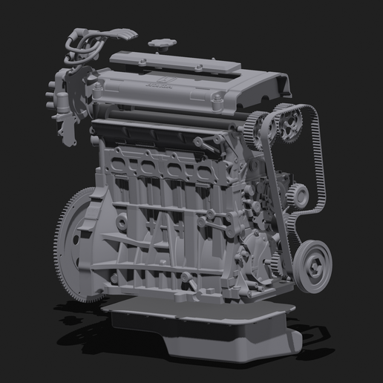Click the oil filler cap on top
[160, 45]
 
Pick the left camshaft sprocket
[258, 127]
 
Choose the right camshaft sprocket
[288, 123]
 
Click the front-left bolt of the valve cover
[96, 88]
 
